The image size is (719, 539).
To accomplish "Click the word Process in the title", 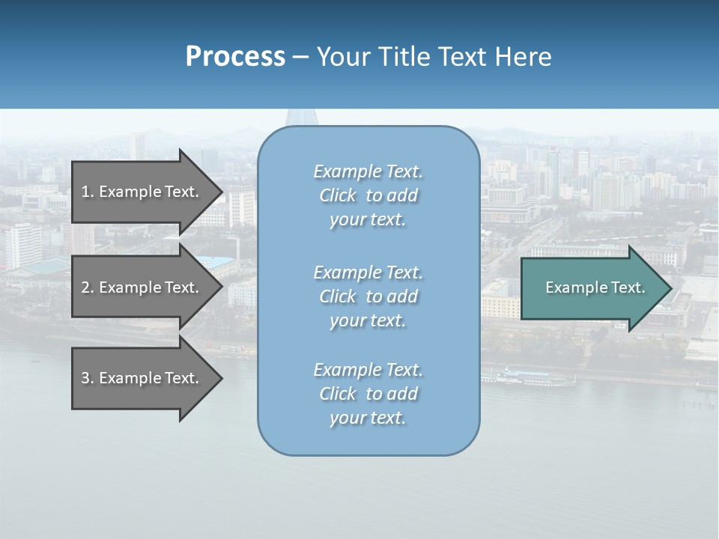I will pos(235,57).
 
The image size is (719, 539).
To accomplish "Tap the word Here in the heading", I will pos(522,57).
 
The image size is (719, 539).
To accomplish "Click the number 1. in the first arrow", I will pos(87,192).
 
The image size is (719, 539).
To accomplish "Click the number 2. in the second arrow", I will pos(87,287).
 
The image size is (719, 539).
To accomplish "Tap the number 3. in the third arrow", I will pos(87,378).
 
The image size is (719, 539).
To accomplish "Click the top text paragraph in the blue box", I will pos(368,195).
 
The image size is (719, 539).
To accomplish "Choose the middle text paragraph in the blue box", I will pos(368,296).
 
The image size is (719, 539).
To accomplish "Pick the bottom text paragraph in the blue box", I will pos(368,394).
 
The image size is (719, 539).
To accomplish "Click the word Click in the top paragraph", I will pos(338,196).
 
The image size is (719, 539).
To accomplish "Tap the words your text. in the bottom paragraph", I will pos(368,418).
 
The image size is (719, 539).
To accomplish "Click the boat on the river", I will pos(527,377).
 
